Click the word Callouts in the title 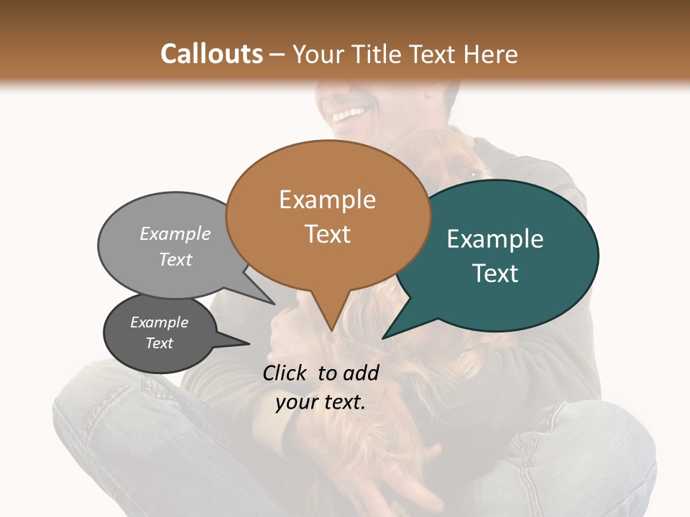211,54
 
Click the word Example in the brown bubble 327,200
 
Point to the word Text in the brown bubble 328,233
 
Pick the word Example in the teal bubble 495,239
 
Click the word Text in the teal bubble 496,273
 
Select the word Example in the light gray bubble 175,233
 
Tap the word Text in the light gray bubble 175,259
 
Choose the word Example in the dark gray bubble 160,322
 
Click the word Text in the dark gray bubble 160,343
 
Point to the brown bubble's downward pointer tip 331,330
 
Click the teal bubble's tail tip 383,337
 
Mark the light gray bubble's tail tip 273,304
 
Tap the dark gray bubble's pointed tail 248,343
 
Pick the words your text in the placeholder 321,402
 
